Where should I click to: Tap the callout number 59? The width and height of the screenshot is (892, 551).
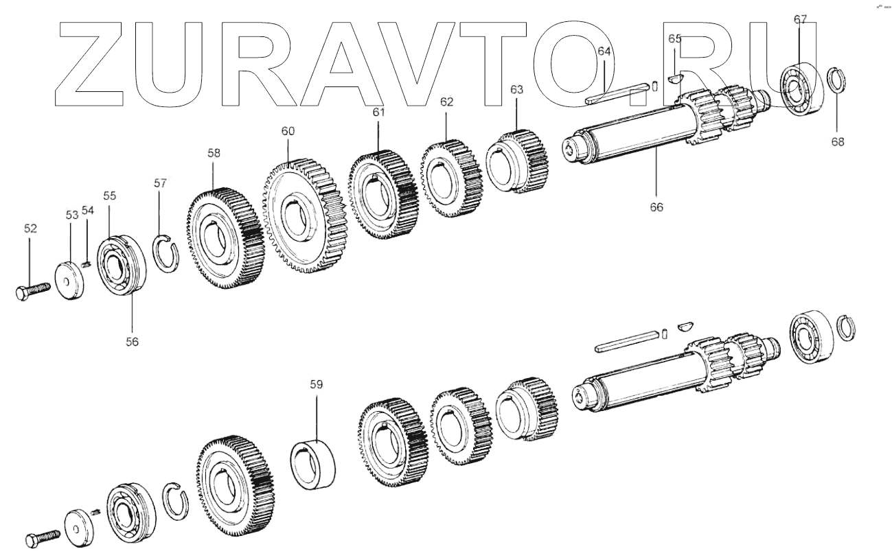coord(315,385)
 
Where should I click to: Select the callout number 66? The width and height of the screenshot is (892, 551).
coord(656,206)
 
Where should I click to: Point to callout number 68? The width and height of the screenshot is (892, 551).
coord(837,142)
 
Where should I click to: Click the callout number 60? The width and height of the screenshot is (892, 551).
coord(287,130)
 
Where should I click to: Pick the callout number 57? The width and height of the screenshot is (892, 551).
coord(160,183)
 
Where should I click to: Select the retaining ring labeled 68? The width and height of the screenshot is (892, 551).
coord(836,82)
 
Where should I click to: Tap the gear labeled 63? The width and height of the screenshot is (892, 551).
coord(519,159)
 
